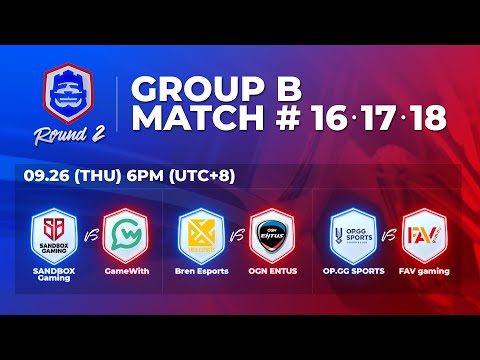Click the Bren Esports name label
[198, 271]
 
